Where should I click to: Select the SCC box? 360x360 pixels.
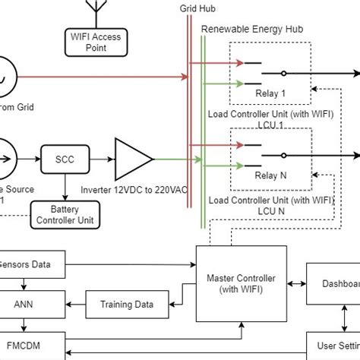pos(64,159)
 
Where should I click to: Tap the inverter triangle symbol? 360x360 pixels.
pos(131,159)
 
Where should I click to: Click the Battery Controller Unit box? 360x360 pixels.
pos(64,213)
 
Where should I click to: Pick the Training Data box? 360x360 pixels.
pos(127,305)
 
